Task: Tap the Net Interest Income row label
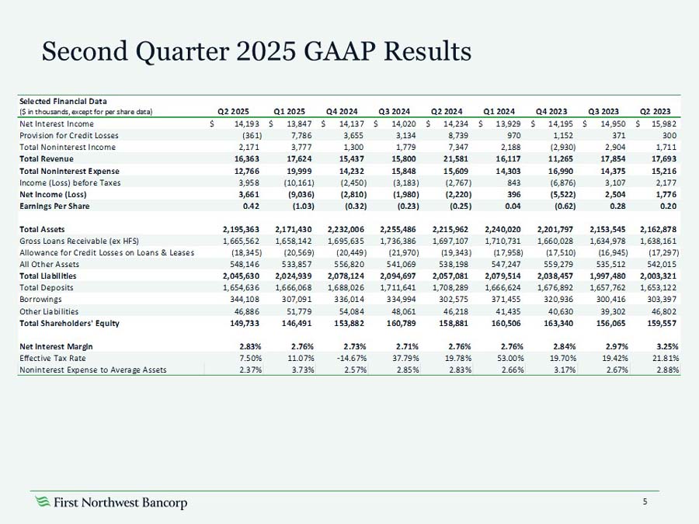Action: click(57, 123)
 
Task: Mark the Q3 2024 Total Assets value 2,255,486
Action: click(401, 229)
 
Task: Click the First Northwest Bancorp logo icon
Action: click(43, 502)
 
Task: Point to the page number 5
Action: click(645, 501)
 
